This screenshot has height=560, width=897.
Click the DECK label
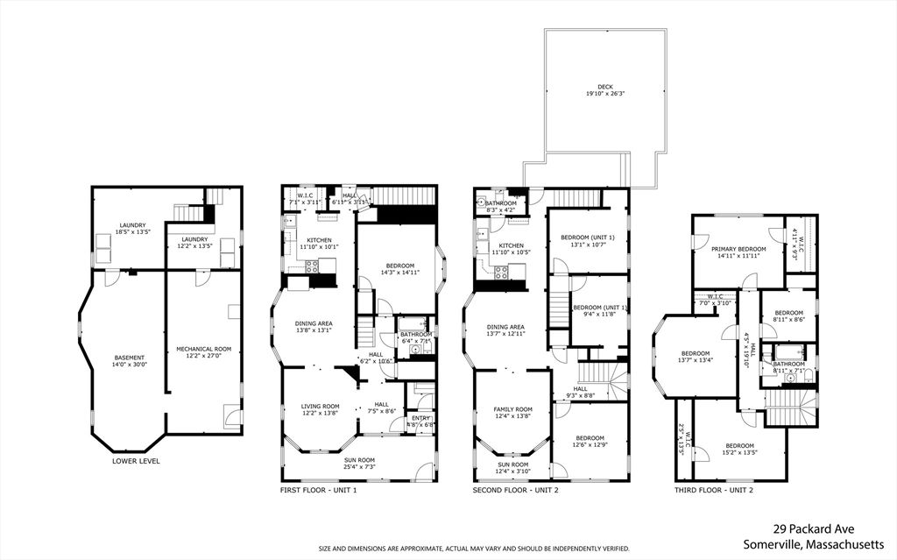[604, 87]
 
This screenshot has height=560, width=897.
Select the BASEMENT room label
[130, 358]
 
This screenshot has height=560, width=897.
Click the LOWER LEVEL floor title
[136, 461]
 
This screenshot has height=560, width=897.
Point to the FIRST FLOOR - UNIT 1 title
[318, 490]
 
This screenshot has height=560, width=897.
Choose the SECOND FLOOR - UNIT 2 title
[514, 490]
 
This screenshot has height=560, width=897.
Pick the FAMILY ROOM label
[512, 409]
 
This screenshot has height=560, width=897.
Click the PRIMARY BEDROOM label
[738, 250]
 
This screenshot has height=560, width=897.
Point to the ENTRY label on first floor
[421, 419]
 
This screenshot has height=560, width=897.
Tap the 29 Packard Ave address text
[814, 528]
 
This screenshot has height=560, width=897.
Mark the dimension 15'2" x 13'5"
[739, 453]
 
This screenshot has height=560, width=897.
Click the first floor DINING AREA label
[313, 323]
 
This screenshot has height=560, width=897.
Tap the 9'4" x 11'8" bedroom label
[599, 308]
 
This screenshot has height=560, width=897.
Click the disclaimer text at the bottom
[474, 549]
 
